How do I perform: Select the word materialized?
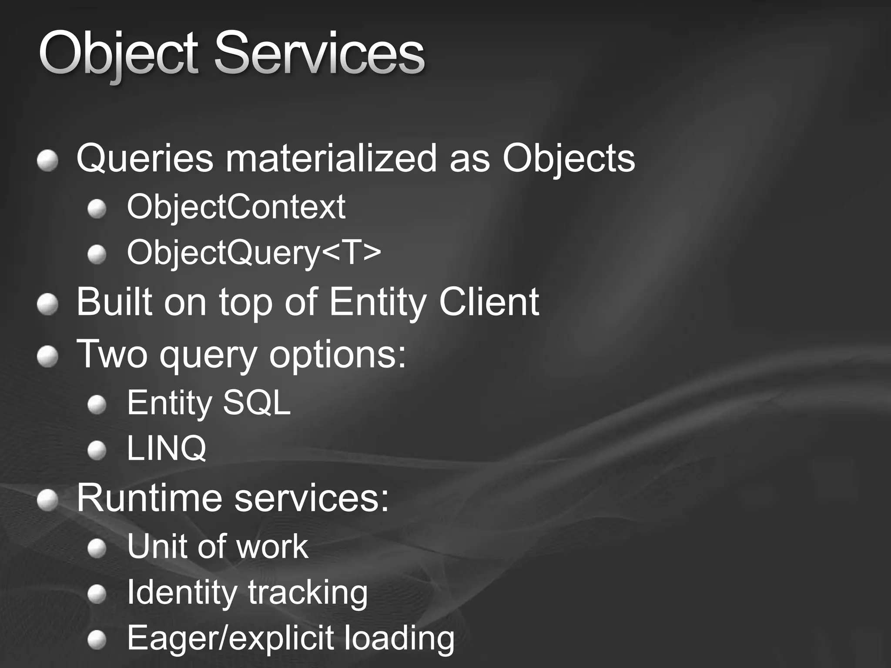coord(331,158)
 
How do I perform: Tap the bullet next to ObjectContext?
coord(97,210)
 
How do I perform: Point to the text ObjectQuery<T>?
coord(254,253)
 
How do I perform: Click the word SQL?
coord(256,403)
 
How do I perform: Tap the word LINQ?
coord(166,448)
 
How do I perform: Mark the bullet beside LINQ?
coord(97,451)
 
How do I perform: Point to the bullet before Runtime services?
coord(47,501)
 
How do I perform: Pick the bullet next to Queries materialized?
coord(47,161)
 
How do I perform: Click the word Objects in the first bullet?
coord(568,158)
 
